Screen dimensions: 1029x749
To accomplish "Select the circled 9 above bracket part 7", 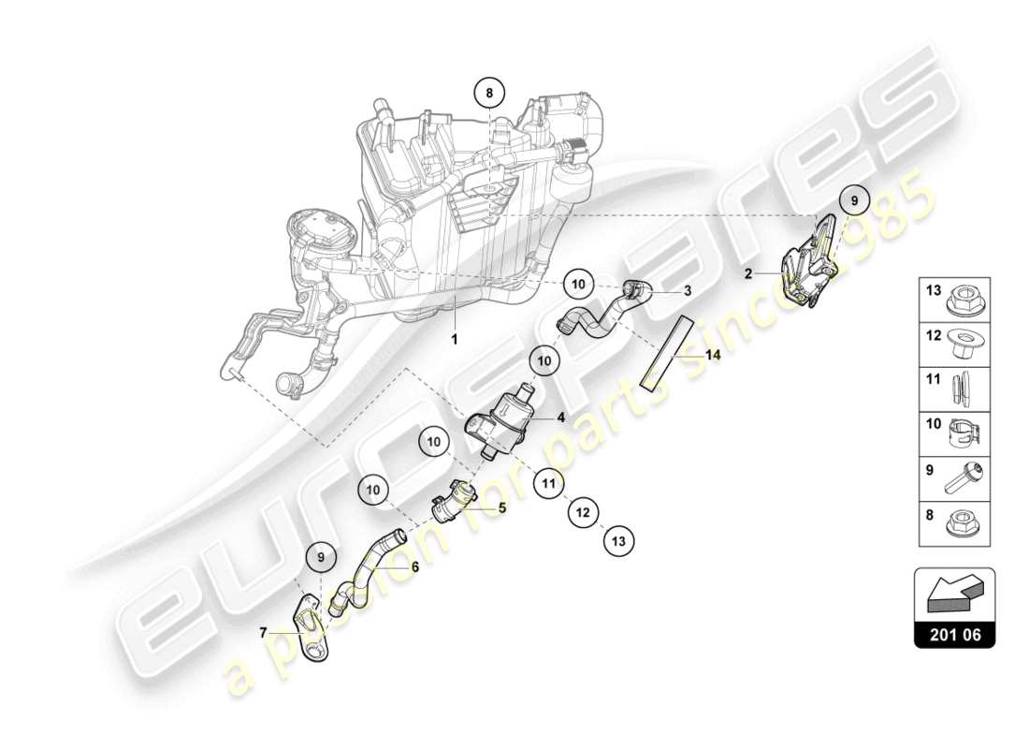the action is tap(321, 557).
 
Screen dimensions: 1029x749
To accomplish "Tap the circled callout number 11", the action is tap(549, 484).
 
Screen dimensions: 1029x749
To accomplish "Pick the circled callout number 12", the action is tap(583, 512).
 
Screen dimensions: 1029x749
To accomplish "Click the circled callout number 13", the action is tap(618, 539).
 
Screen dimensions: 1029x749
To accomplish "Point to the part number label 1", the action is tap(456, 340).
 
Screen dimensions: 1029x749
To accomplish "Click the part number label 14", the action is tap(713, 355).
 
